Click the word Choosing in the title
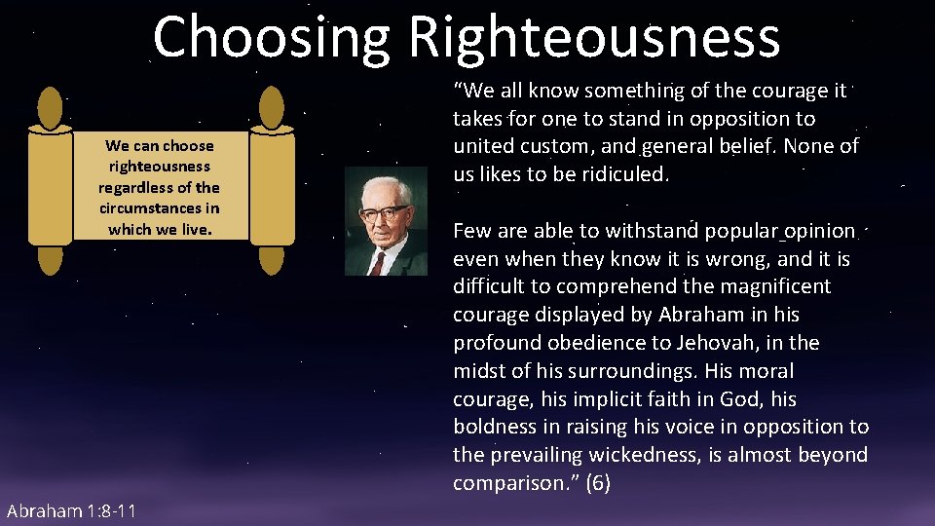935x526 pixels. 271,37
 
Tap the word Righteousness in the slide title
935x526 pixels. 594,37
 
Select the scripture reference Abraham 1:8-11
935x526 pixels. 71,512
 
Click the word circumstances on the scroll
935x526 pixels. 159,208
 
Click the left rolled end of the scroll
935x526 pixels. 50,181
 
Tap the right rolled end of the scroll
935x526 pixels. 272,181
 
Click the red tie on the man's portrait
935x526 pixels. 375,261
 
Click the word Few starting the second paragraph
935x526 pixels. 472,231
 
